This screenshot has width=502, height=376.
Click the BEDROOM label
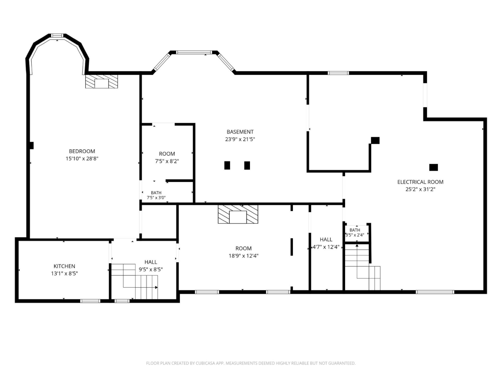(82, 151)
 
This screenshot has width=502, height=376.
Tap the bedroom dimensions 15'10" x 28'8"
(82, 158)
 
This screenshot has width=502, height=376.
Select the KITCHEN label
(64, 266)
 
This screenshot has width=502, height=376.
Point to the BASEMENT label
(240, 132)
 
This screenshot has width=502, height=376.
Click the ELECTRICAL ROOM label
(420, 182)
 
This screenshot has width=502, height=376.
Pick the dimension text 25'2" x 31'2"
(420, 189)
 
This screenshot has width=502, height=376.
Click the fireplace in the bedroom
(101, 81)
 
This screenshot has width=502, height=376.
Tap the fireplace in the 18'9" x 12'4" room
(238, 214)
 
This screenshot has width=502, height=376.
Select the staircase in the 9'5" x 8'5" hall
(135, 281)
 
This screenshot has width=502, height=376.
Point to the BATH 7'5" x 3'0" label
(156, 195)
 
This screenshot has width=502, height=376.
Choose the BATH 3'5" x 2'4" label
(355, 233)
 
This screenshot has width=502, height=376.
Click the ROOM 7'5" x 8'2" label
(167, 157)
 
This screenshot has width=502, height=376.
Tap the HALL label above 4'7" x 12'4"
(326, 240)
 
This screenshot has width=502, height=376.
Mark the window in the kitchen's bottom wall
(90, 301)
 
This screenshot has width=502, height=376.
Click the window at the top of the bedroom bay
(57, 36)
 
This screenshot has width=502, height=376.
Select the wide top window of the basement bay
(194, 52)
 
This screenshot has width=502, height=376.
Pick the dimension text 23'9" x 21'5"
(240, 139)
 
